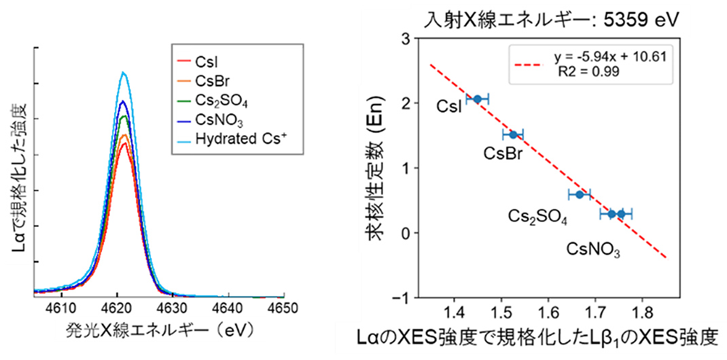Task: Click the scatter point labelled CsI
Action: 478,99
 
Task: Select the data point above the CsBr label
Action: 513,134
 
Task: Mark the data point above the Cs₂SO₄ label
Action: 580,194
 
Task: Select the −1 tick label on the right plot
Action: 402,298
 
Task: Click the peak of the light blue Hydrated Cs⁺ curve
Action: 123,72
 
